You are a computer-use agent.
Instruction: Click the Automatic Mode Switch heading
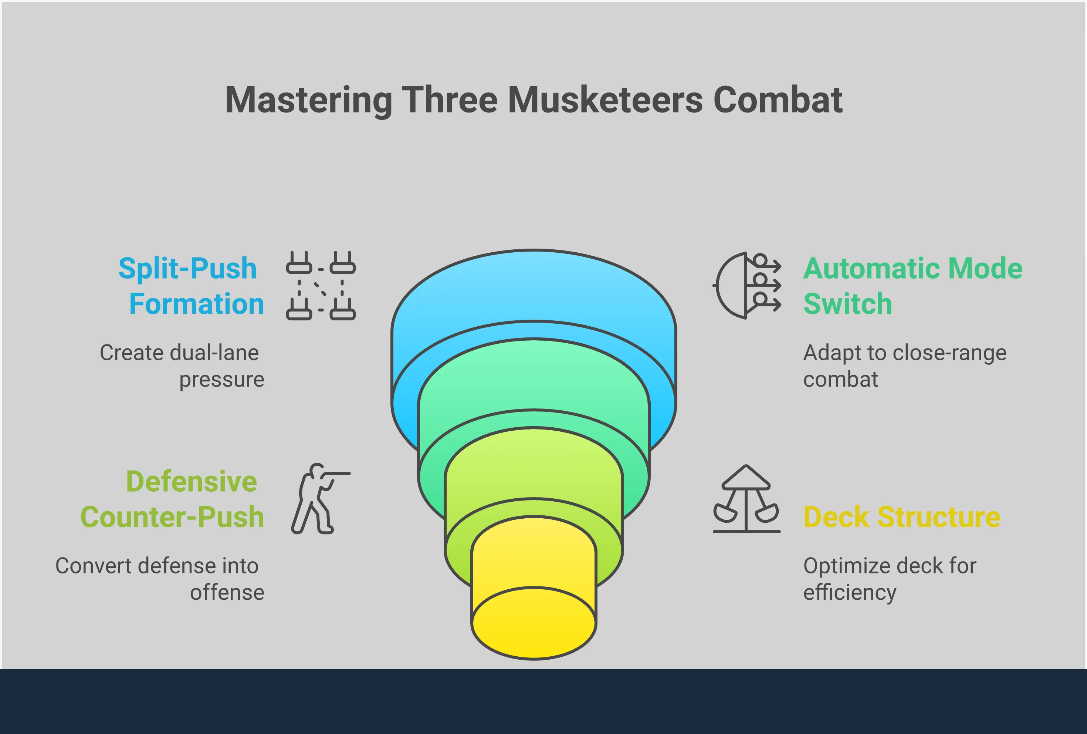[x=912, y=286]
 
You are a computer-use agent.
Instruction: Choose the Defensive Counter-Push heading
[x=172, y=499]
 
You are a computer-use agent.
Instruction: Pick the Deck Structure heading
[x=902, y=517]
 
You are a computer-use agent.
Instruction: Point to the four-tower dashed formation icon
[x=321, y=286]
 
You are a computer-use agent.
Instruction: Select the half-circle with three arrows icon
[x=746, y=286]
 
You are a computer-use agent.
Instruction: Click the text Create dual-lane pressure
[x=182, y=366]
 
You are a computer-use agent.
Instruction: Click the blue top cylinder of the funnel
[x=534, y=290]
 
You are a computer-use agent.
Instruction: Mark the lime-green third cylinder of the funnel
[x=534, y=468]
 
